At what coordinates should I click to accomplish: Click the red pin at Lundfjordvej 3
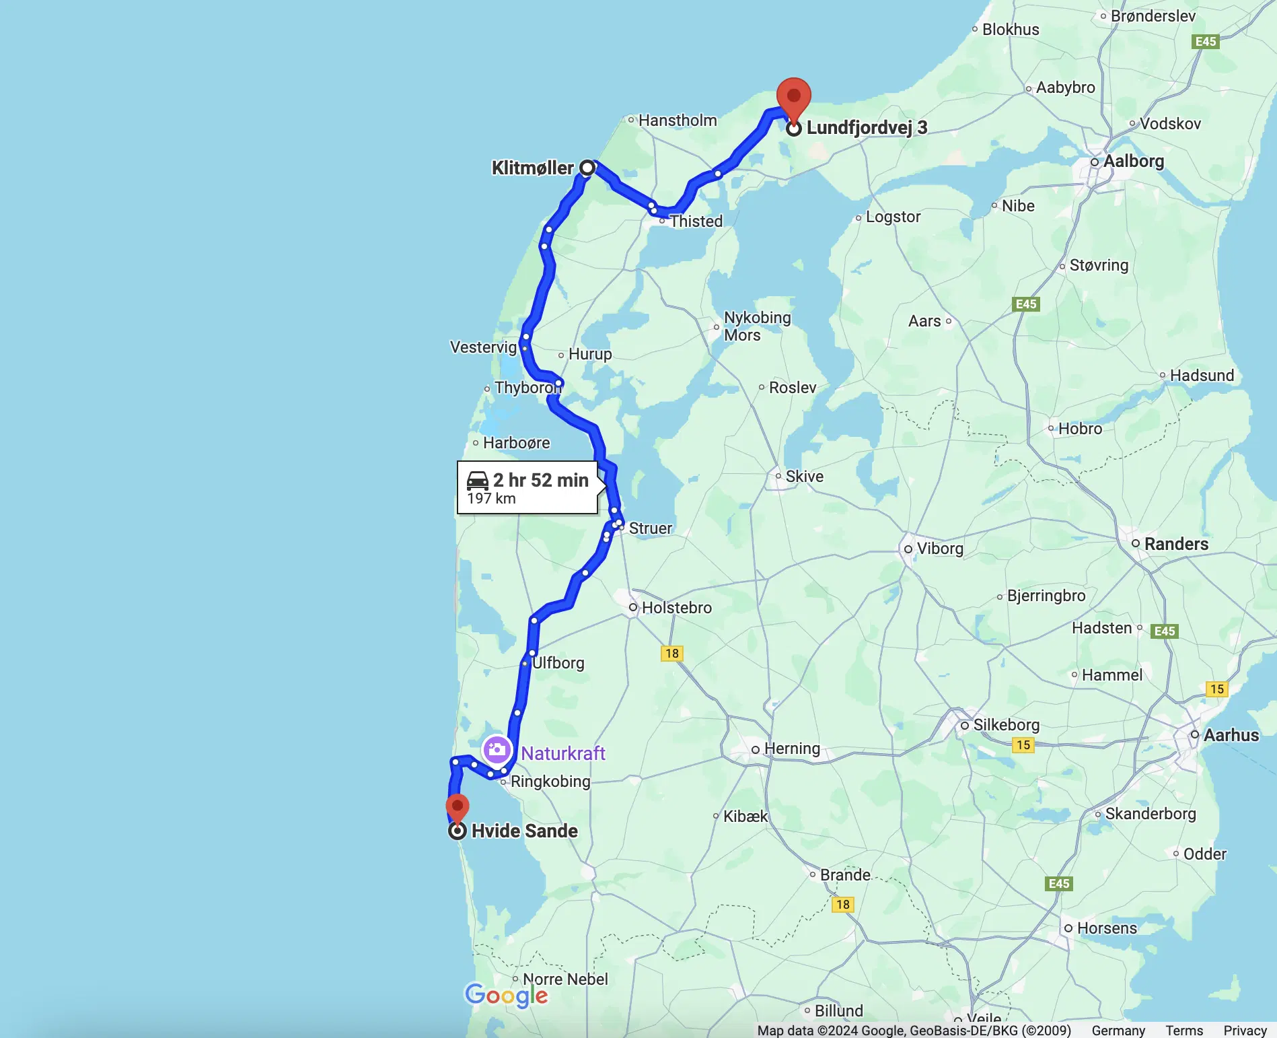(x=794, y=98)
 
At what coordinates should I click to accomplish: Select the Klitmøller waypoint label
(x=532, y=168)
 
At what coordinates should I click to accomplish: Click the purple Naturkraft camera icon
(x=497, y=749)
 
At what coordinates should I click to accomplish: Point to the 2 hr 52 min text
(x=540, y=480)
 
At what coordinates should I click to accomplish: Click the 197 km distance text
(x=491, y=499)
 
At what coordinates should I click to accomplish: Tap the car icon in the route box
(x=478, y=480)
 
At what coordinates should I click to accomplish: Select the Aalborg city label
(x=1133, y=162)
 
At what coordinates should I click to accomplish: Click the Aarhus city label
(x=1231, y=735)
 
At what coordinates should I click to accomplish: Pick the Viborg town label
(x=939, y=549)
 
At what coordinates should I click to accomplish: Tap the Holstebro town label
(x=676, y=608)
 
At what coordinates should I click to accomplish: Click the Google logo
(x=506, y=995)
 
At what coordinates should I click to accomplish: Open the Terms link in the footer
(x=1184, y=1031)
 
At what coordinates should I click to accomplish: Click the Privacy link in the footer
(x=1245, y=1031)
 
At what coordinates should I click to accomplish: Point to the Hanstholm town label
(x=677, y=120)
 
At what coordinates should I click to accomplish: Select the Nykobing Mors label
(x=757, y=326)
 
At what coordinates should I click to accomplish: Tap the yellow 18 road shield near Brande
(x=843, y=905)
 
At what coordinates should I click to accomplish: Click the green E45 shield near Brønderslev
(x=1205, y=42)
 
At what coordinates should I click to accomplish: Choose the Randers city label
(x=1175, y=544)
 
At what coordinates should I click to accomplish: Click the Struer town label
(x=650, y=528)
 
